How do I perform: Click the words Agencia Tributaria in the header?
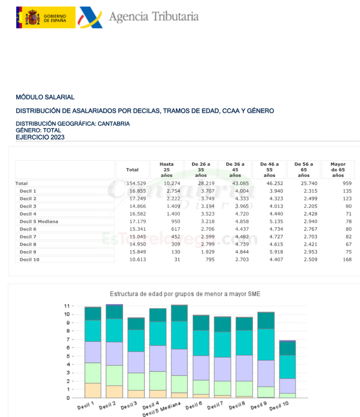[x=154, y=16]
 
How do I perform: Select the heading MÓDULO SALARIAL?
[x=45, y=97]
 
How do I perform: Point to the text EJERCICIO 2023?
[x=40, y=137]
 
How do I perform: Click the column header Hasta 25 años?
[x=167, y=170]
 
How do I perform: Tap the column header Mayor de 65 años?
[x=338, y=170]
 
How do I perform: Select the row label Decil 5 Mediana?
[x=39, y=221]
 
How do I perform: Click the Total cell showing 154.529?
[x=136, y=184]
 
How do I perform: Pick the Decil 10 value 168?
[x=347, y=260]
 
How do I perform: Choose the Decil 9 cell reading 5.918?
[x=276, y=252]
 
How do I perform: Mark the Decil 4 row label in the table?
[x=28, y=214]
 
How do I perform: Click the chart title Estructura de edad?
[x=185, y=294]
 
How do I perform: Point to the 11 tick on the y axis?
[x=67, y=306]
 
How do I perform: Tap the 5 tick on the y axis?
[x=68, y=356]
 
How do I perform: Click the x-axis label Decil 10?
[x=279, y=406]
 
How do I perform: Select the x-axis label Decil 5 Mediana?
[x=161, y=410]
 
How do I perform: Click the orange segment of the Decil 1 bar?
[x=93, y=390]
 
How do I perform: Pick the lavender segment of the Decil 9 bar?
[x=266, y=373]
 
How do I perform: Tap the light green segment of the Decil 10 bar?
[x=288, y=396]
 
